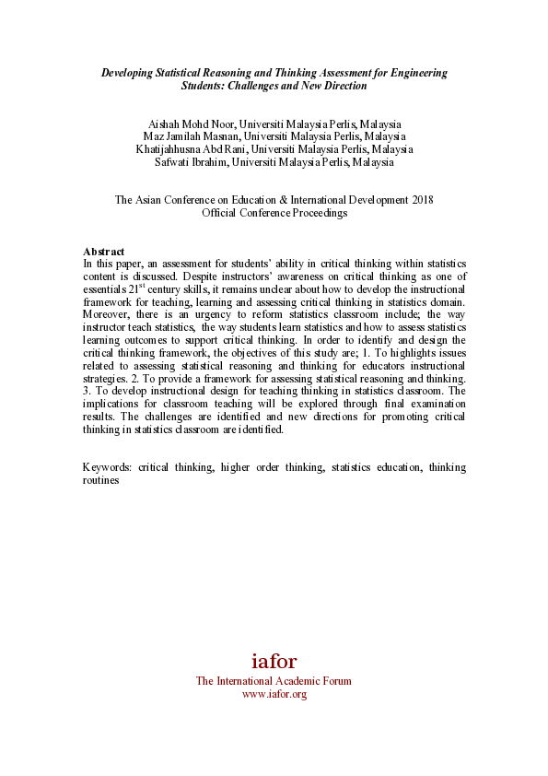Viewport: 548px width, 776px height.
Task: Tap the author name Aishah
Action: click(166, 123)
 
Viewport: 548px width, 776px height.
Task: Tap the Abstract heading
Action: click(104, 252)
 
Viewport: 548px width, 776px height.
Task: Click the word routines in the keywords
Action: click(101, 480)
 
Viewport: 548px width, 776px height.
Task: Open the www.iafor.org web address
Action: click(274, 694)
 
